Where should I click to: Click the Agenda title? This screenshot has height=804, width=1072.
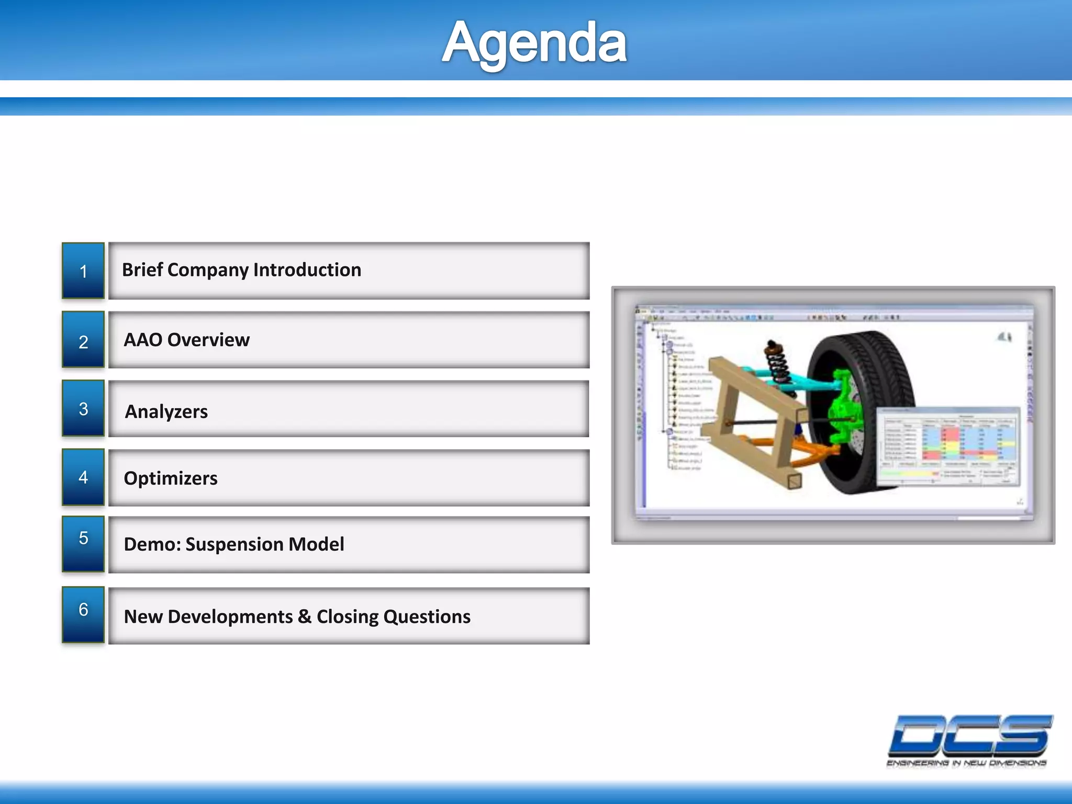534,43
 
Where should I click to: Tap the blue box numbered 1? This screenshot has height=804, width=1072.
83,271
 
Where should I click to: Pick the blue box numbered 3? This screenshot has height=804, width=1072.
83,409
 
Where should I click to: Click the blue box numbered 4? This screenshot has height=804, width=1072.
83,477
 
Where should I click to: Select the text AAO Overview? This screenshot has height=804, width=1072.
187,340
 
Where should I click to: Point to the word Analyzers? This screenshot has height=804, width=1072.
166,412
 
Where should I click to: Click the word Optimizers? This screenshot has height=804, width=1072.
171,478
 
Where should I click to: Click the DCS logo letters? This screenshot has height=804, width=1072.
969,735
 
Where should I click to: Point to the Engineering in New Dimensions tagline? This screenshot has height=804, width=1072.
966,764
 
